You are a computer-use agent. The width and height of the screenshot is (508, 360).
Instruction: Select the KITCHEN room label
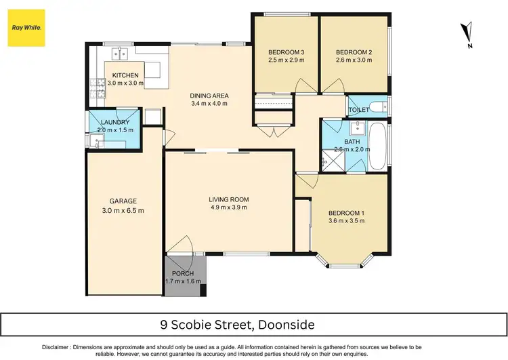125,75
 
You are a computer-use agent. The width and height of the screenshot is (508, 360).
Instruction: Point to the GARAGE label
123,201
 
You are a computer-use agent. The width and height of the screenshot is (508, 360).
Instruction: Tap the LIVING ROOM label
229,199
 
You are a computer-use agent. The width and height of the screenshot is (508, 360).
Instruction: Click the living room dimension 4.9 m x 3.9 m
229,208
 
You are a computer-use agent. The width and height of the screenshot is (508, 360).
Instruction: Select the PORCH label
183,274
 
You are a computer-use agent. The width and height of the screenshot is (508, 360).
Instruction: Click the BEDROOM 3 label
287,52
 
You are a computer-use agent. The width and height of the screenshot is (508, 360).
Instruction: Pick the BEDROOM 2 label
354,52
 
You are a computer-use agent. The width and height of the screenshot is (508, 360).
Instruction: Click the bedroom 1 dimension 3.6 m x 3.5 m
346,221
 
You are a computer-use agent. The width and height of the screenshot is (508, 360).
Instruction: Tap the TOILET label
358,110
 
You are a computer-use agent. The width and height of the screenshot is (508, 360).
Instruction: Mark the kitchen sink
119,52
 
